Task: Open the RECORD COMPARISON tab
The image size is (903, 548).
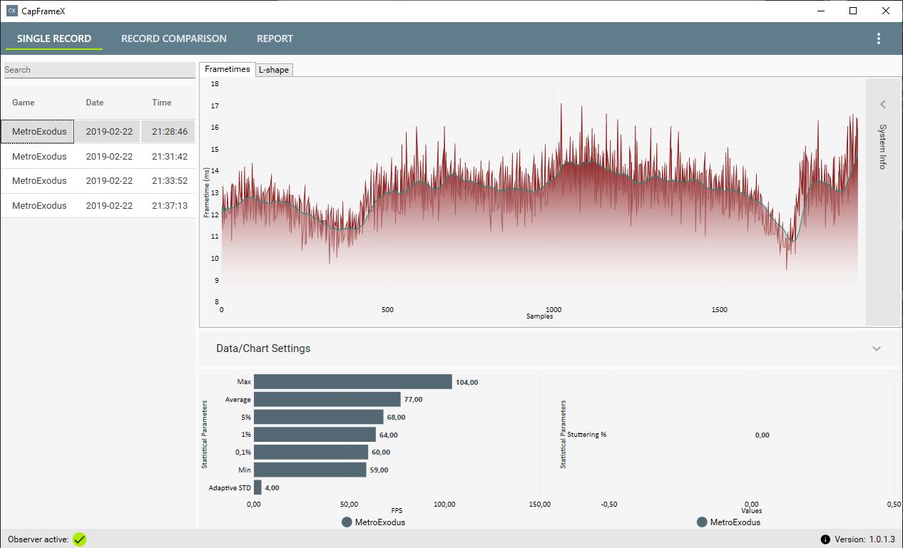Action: [x=173, y=38]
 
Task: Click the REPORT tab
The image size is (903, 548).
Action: [x=275, y=38]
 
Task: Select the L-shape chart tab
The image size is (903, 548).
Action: [x=275, y=70]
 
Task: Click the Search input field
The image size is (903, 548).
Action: [x=99, y=70]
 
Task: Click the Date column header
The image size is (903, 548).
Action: [x=95, y=103]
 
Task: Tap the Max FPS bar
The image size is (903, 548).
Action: [x=352, y=382]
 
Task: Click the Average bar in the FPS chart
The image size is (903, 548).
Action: [x=327, y=400]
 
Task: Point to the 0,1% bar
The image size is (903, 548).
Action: [x=311, y=452]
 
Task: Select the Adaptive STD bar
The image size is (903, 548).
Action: [x=257, y=487]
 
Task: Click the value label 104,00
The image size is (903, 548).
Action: [x=467, y=383]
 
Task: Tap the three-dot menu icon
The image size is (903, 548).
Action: [x=878, y=38]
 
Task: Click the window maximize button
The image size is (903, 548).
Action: [x=853, y=11]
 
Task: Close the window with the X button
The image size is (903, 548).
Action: [x=886, y=11]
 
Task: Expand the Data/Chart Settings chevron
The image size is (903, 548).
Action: [x=877, y=348]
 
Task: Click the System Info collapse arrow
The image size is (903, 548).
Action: [x=882, y=105]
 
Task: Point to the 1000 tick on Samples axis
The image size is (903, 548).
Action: [x=553, y=310]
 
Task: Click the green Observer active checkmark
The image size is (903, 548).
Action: [x=79, y=539]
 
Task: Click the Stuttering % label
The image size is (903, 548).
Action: [x=587, y=435]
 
